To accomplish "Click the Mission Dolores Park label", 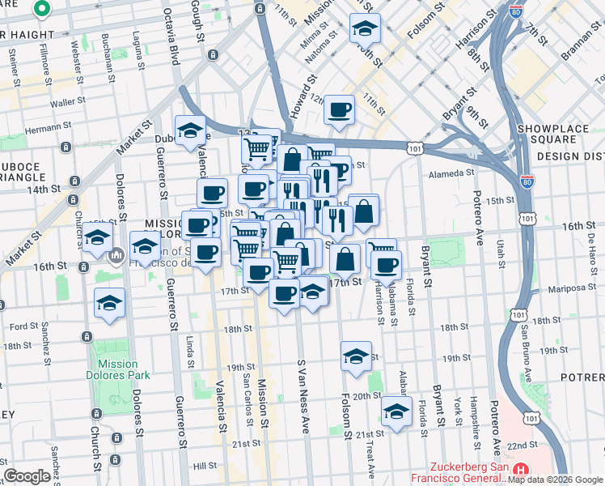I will [118, 369].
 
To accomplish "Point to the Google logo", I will [27, 475].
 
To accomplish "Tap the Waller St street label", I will [68, 103].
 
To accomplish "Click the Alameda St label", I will [451, 173].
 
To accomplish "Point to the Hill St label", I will [205, 466].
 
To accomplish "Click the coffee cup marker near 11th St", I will [340, 109].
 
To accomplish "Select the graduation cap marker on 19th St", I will [356, 356].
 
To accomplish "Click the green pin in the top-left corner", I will [42, 10].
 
